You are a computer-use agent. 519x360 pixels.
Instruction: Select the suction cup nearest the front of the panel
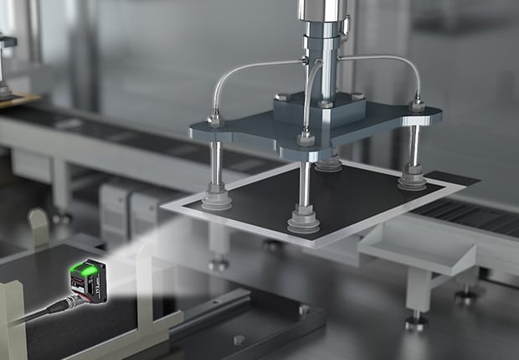306,221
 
